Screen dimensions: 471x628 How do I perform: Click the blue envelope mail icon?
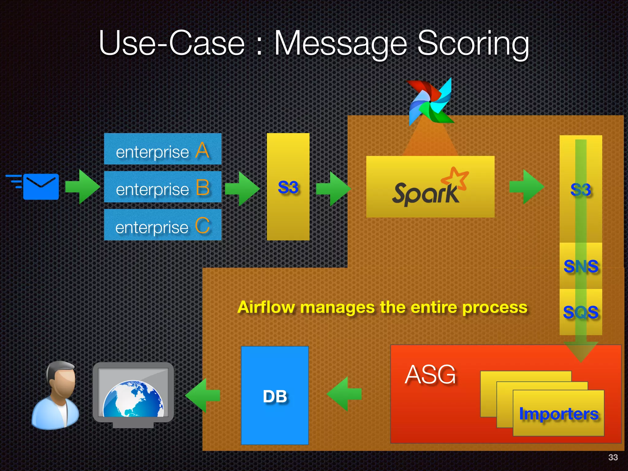(x=40, y=186)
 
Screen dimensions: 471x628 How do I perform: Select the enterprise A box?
(x=163, y=149)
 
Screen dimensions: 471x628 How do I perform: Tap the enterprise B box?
(x=163, y=187)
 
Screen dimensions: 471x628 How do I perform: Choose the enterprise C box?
(x=163, y=225)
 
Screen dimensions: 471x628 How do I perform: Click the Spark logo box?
(x=430, y=187)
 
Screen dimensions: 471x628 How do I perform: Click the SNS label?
(x=581, y=266)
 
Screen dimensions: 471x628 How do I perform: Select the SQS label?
(x=581, y=312)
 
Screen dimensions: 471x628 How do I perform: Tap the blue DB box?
(x=275, y=395)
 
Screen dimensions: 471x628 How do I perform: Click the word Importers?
(x=558, y=414)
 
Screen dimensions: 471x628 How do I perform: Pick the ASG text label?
(x=430, y=374)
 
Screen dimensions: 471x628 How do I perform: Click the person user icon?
(x=56, y=395)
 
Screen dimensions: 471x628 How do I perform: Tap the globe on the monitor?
(x=133, y=399)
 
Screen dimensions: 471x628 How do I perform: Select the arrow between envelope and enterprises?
(x=82, y=187)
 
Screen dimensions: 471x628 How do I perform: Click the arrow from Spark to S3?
(x=526, y=187)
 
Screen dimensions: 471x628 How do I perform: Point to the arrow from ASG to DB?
(x=344, y=394)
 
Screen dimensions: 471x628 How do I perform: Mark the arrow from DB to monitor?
(x=202, y=395)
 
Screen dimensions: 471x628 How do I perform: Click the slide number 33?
(x=613, y=457)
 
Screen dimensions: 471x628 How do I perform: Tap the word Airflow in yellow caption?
(x=266, y=307)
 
